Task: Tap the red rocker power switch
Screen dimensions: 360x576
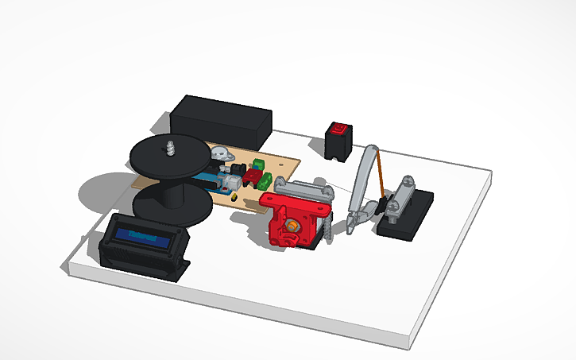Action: (x=339, y=129)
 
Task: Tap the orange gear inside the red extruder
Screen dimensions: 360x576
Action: (x=292, y=227)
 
